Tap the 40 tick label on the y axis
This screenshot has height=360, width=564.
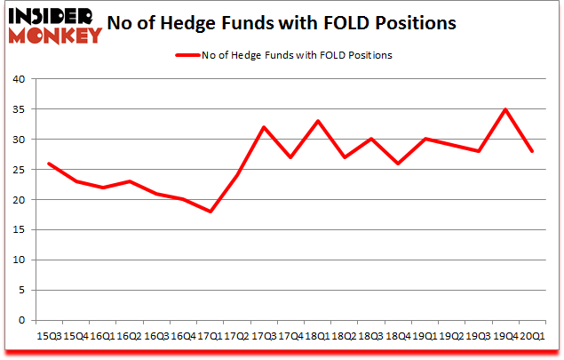pos(19,79)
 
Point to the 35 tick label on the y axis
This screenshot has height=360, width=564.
pos(19,109)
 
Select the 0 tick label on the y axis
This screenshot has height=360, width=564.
pos(22,321)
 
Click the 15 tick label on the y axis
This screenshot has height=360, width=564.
pos(19,230)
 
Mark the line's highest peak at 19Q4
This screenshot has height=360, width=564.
pos(504,109)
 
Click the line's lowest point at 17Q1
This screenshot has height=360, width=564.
pos(210,212)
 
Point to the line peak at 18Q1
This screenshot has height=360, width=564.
pos(317,121)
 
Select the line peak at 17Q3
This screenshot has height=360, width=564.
pos(264,127)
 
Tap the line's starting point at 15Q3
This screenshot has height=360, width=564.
pos(48,164)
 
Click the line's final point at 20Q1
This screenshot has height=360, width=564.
pos(531,151)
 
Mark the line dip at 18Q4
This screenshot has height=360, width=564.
pos(397,164)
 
